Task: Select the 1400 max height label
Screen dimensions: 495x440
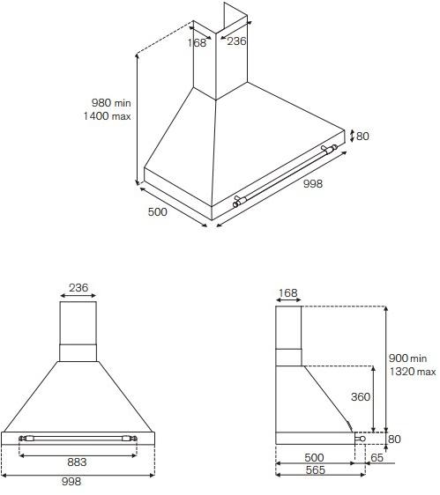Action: pyautogui.click(x=108, y=116)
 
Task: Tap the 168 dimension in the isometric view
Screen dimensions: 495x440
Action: pyautogui.click(x=198, y=41)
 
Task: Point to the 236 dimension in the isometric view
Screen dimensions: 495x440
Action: pyautogui.click(x=237, y=41)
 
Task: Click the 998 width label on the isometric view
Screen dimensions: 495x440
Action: pyautogui.click(x=312, y=184)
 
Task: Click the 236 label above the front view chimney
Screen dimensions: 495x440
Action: pyautogui.click(x=79, y=287)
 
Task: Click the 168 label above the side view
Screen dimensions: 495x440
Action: pyautogui.click(x=287, y=294)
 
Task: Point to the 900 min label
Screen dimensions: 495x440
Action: pyautogui.click(x=407, y=358)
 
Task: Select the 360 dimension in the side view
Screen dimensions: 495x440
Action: pyautogui.click(x=360, y=397)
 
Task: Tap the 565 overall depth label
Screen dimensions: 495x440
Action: pyautogui.click(x=316, y=471)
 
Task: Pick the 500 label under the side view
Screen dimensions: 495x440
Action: pyautogui.click(x=315, y=458)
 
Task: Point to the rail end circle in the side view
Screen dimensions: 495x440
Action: pyautogui.click(x=359, y=438)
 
